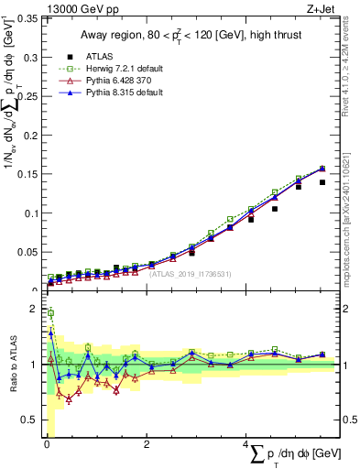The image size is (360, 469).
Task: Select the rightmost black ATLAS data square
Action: point(322,182)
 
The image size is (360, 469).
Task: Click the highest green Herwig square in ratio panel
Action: point(50,313)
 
